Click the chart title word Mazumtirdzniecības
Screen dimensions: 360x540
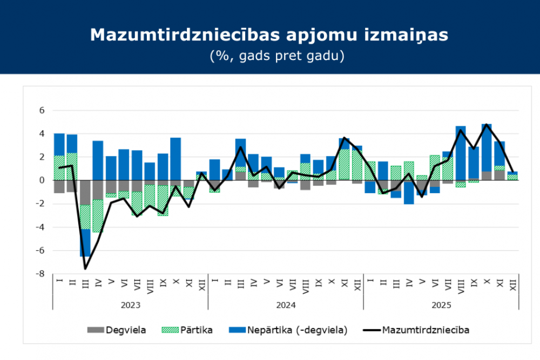[184, 35]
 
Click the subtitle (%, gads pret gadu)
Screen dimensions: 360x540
[269, 56]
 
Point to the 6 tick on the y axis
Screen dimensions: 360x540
[41, 110]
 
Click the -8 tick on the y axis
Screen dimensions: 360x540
[39, 274]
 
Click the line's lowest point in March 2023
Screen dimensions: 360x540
[85, 268]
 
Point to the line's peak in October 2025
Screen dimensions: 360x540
[487, 125]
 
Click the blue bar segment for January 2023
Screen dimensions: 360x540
[59, 144]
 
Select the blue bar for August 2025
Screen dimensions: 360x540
[461, 153]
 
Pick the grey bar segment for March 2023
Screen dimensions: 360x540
[85, 193]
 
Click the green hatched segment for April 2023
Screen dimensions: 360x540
[98, 216]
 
